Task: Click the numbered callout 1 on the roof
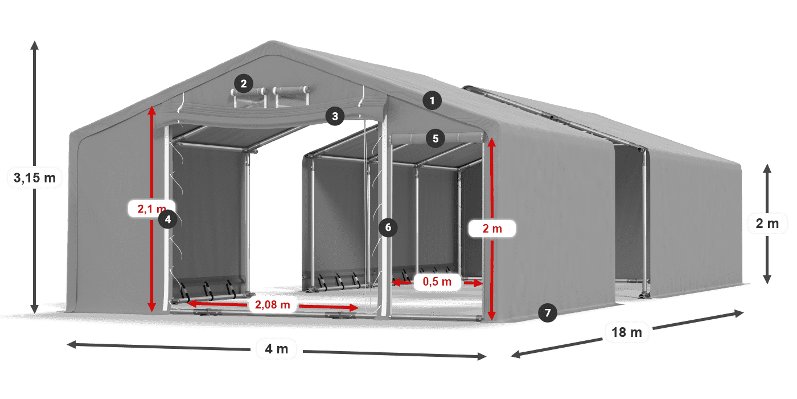pos(432,101)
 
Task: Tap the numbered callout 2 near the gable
pos(244,84)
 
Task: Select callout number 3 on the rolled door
pos(335,116)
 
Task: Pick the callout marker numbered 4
pos(167,219)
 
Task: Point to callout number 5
pos(436,139)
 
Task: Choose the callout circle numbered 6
pos(388,227)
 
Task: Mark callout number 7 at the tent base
pos(548,313)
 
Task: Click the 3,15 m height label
pos(35,178)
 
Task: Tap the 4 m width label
pos(277,349)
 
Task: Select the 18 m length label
pos(627,332)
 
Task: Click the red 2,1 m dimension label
pos(151,209)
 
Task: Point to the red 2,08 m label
pos(273,304)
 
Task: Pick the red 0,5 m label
pos(437,282)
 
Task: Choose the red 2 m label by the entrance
pos(492,229)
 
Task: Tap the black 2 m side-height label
pos(767,223)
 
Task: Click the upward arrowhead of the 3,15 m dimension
pos(35,44)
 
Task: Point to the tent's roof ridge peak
pos(273,42)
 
